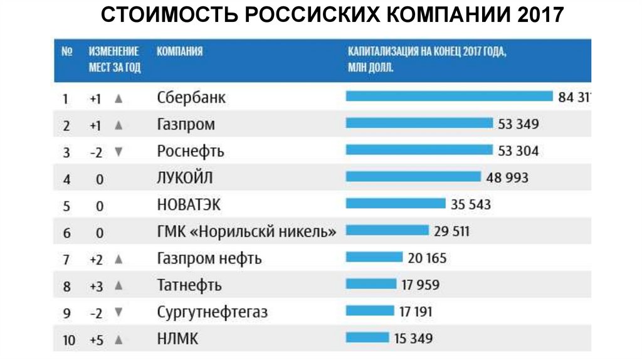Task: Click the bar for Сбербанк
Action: point(449,97)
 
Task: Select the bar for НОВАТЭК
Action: point(395,204)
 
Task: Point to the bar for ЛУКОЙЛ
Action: point(413,177)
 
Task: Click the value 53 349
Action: point(518,124)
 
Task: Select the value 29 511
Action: point(451,231)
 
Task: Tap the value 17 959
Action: point(420,285)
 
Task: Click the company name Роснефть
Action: point(190,151)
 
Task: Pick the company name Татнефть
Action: point(189,285)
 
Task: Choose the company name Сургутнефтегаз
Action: point(212,312)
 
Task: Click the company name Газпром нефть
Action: point(209,258)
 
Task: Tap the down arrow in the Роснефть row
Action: point(118,151)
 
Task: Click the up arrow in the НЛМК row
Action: point(118,340)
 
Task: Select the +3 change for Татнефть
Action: point(96,286)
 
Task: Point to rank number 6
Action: point(67,233)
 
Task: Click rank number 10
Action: point(69,341)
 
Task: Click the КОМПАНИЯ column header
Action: point(179,51)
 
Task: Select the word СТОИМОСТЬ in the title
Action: point(169,16)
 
